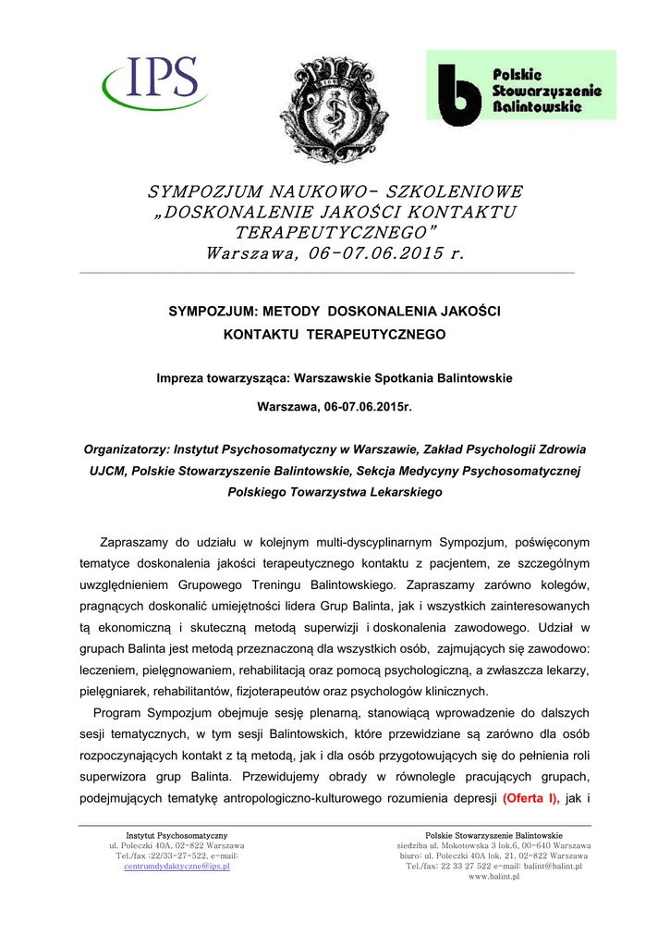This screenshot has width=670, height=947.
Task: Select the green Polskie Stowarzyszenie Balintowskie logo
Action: [520, 86]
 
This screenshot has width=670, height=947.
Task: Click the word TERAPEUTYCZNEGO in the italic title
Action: [335, 231]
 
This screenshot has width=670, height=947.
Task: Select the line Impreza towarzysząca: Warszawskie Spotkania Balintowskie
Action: [335, 377]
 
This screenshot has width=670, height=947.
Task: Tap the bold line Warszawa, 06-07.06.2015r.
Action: [335, 406]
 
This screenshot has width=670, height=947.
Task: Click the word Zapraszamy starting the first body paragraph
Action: [139, 541]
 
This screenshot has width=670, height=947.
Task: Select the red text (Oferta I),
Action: [531, 798]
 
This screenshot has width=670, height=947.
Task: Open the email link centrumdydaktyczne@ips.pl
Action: [177, 867]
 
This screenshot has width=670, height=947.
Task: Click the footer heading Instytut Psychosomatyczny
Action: [177, 836]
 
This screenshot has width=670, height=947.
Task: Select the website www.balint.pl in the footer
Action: [493, 876]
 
